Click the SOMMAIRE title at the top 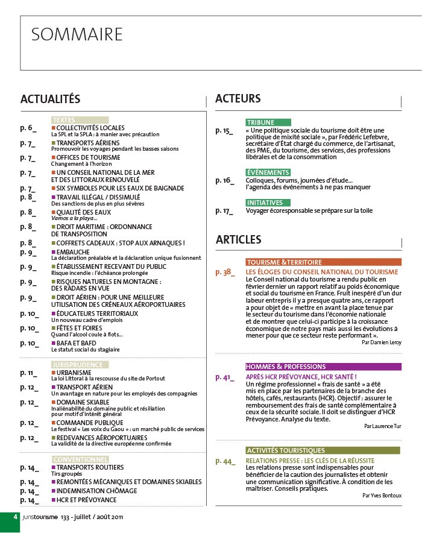(x=77, y=34)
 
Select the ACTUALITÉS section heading (x=51, y=99)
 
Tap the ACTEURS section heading (x=238, y=98)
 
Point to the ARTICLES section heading (x=239, y=240)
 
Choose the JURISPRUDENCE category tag (x=80, y=365)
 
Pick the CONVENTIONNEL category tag (x=80, y=459)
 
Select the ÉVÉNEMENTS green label (x=268, y=173)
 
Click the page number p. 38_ (x=225, y=273)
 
